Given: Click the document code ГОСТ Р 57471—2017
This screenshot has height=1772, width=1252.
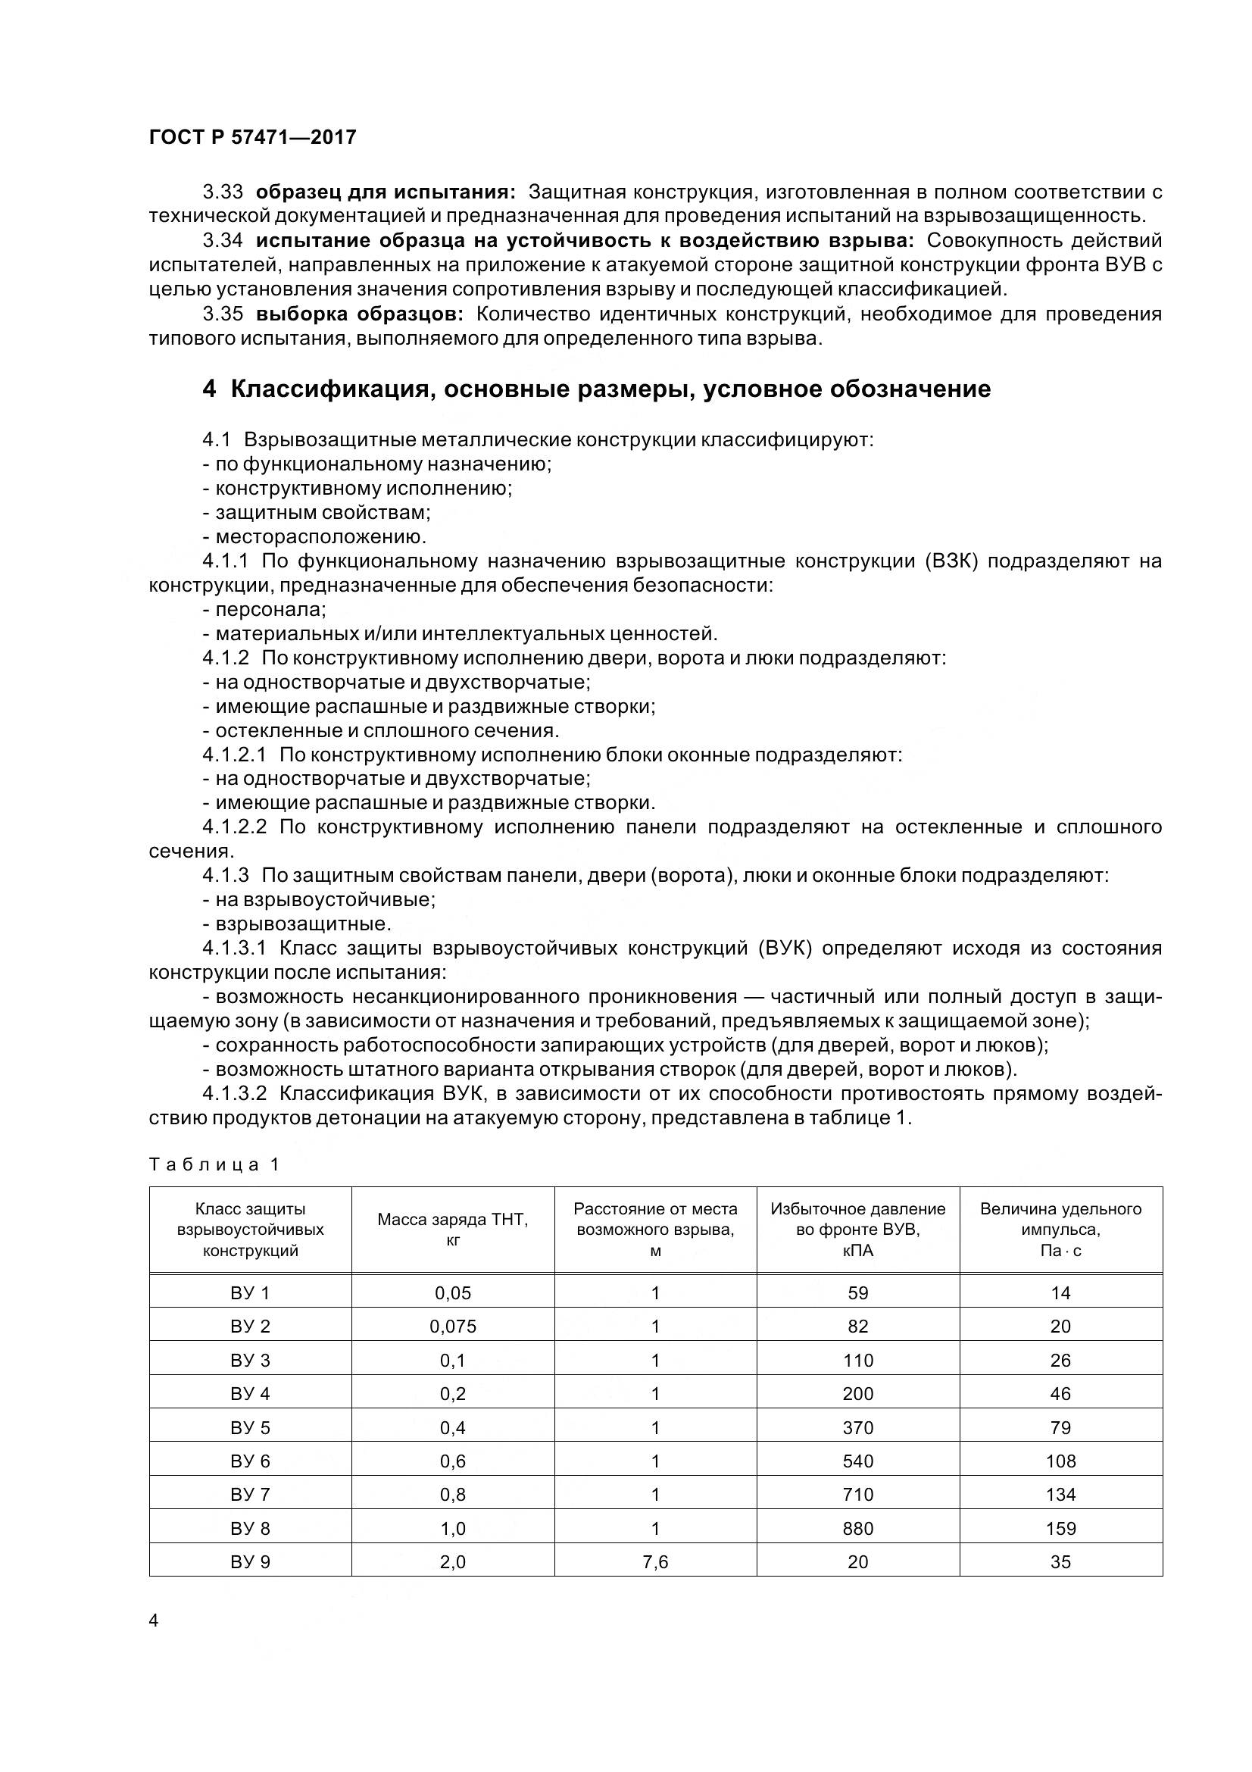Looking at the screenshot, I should [252, 137].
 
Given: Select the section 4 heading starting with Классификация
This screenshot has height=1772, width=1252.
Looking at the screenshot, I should [596, 389].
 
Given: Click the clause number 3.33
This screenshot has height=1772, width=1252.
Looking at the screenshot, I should [223, 191].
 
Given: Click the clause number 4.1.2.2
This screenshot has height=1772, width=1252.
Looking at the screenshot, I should [235, 827].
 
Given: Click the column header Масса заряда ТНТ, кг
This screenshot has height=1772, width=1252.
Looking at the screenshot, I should [453, 1230].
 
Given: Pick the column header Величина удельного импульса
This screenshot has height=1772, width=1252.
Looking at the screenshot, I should [1060, 1230].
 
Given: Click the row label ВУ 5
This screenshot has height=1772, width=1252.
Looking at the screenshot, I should [250, 1428].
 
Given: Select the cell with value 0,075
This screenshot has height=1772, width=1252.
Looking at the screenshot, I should [453, 1327].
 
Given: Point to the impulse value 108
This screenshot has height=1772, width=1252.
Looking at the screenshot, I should [1060, 1461].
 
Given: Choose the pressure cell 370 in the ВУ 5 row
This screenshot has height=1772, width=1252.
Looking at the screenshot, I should [858, 1428].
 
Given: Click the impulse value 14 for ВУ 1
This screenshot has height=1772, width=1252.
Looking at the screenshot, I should [1060, 1292].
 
